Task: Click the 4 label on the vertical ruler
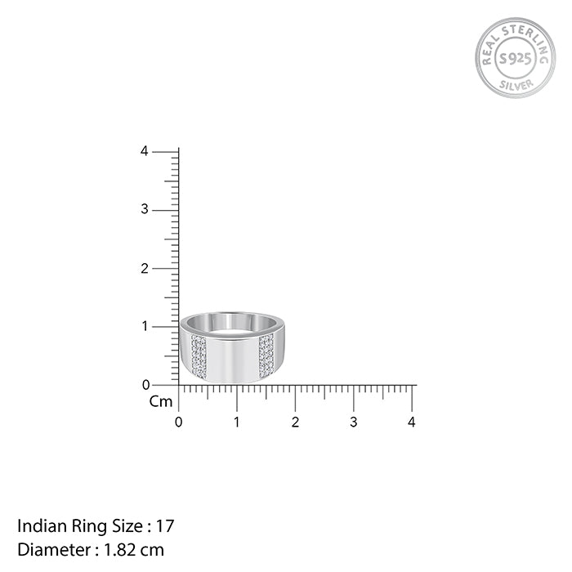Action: pyautogui.click(x=145, y=151)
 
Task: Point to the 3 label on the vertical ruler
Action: pyautogui.click(x=145, y=209)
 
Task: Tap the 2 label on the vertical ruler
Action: pyautogui.click(x=145, y=269)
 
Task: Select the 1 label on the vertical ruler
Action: pyautogui.click(x=145, y=326)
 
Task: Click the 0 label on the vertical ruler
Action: pyautogui.click(x=146, y=385)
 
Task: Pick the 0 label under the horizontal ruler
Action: pyautogui.click(x=178, y=422)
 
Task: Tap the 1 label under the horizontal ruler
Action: pyautogui.click(x=237, y=422)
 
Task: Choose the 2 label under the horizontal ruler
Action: pyautogui.click(x=295, y=422)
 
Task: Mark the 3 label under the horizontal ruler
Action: pyautogui.click(x=354, y=422)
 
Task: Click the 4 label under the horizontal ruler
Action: pyautogui.click(x=412, y=422)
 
